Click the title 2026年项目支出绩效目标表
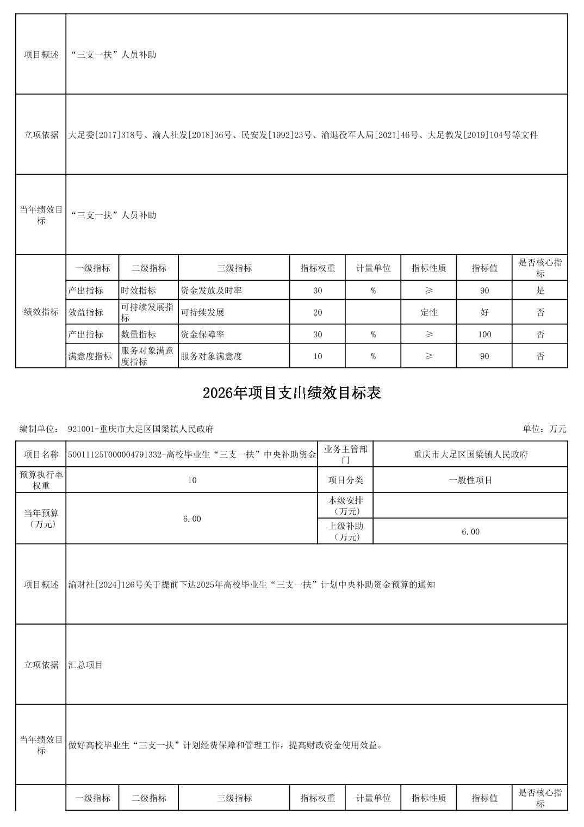tap(291, 393)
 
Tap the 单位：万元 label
tap(544, 429)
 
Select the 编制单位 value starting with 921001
tap(141, 429)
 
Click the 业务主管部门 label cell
tap(345, 454)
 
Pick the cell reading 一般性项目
tap(470, 480)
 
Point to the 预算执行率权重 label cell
tap(41, 480)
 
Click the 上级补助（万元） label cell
tap(345, 531)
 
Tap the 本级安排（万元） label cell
tap(345, 505)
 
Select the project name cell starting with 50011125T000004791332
tap(192, 454)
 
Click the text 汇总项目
tap(85, 664)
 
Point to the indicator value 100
tap(484, 334)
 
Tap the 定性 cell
tap(428, 312)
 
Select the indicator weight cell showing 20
tap(318, 312)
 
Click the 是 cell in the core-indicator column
tap(540, 291)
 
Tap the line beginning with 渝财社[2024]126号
tap(251, 584)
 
